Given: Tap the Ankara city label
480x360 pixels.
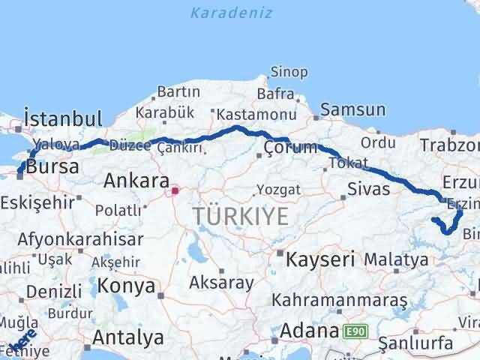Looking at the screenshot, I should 136,180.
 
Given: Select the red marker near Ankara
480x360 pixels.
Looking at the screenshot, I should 175,190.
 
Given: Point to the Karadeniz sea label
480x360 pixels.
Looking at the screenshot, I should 231,13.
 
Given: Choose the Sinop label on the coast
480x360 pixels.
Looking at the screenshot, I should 289,73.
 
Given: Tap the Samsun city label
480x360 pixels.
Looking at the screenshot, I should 352,110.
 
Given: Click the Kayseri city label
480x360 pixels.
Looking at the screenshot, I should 319,259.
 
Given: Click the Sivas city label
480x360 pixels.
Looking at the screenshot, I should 368,188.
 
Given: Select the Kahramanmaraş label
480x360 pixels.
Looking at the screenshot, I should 340,300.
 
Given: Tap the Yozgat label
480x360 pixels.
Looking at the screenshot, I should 278,188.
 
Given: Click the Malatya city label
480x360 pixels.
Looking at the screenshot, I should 396,259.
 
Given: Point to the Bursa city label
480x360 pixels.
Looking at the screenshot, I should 52,167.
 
